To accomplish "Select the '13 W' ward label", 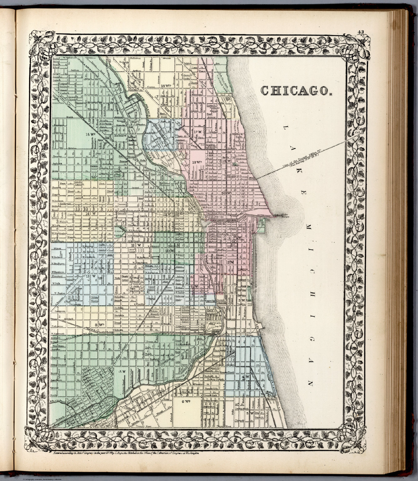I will (x=90, y=276).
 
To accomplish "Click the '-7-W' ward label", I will (x=121, y=371).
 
